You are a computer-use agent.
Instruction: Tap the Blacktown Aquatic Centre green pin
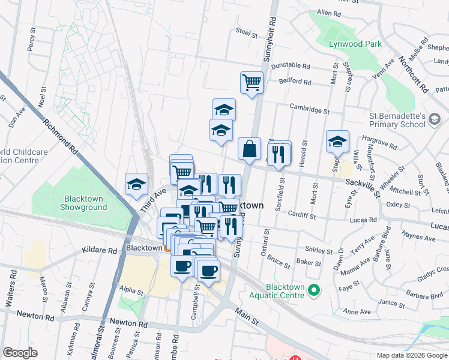point(313,291)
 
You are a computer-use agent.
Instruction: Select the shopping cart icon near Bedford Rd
point(252,82)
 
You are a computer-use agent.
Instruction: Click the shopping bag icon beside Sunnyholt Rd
point(249,148)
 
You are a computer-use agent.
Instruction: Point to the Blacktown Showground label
point(83,203)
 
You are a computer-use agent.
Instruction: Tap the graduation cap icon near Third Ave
point(136,184)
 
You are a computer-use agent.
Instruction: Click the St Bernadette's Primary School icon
point(433,121)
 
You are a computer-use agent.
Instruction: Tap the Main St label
point(247,316)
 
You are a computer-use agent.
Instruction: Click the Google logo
point(20,353)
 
